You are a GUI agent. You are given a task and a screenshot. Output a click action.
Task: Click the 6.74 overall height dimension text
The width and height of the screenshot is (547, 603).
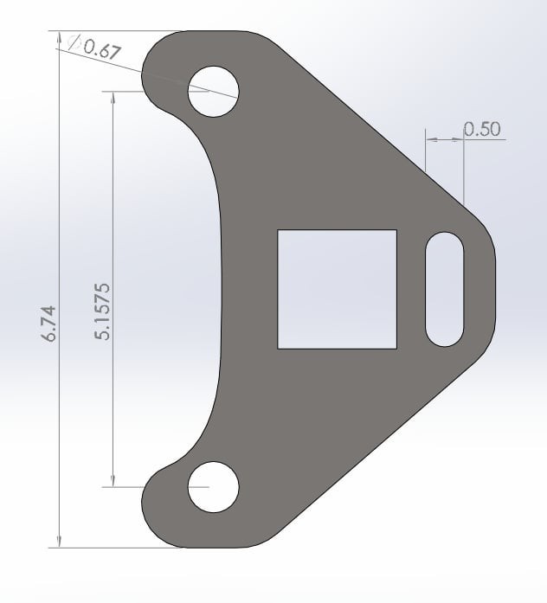tap(48, 322)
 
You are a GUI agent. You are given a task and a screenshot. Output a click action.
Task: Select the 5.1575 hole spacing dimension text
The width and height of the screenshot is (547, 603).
tap(101, 310)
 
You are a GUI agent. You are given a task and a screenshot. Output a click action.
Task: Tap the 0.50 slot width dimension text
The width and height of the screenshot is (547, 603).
tap(482, 130)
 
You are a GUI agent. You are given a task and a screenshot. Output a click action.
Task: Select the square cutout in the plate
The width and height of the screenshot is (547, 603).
tap(337, 289)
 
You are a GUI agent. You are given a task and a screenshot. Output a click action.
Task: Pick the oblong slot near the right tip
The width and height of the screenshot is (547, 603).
tap(446, 289)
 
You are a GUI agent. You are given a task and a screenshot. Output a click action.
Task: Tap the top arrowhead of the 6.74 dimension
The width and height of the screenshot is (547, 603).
tap(59, 38)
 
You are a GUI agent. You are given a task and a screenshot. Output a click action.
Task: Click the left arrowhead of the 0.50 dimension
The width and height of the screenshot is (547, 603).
tap(432, 138)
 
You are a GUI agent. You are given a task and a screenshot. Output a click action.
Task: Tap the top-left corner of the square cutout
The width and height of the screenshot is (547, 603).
tap(278, 231)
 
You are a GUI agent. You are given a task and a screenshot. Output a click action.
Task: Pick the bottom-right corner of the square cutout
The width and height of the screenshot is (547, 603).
tap(396, 348)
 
